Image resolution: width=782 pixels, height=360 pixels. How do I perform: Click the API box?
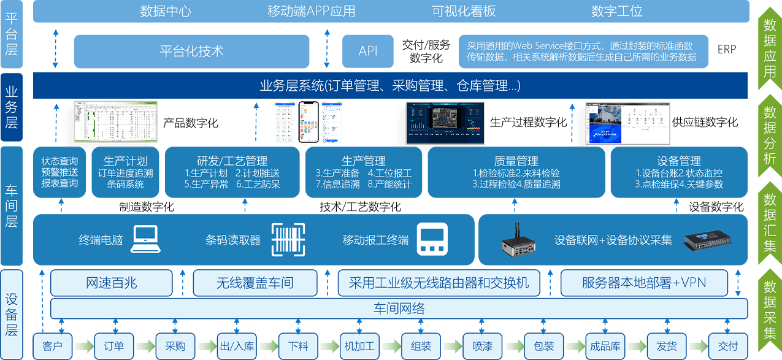(368, 51)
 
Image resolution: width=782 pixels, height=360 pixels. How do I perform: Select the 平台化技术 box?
(191, 51)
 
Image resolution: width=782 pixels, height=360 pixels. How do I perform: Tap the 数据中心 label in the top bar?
(166, 11)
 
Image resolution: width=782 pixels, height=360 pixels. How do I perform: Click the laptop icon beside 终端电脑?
(146, 239)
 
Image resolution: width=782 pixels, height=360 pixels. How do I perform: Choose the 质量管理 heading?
(516, 161)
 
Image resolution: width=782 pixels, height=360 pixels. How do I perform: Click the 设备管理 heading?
(678, 161)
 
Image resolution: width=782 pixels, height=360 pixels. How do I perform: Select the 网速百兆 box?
(112, 283)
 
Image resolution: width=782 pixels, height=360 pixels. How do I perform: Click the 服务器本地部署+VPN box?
(644, 283)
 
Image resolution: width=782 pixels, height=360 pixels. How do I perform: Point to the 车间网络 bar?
(399, 308)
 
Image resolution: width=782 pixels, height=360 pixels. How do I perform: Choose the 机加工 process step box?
(359, 346)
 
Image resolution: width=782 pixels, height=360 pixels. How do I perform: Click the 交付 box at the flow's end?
(727, 346)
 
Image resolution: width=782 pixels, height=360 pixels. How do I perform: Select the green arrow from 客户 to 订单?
(83, 346)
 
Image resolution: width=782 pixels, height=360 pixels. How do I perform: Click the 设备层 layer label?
(12, 314)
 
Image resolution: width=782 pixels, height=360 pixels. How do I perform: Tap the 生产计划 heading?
(125, 161)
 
